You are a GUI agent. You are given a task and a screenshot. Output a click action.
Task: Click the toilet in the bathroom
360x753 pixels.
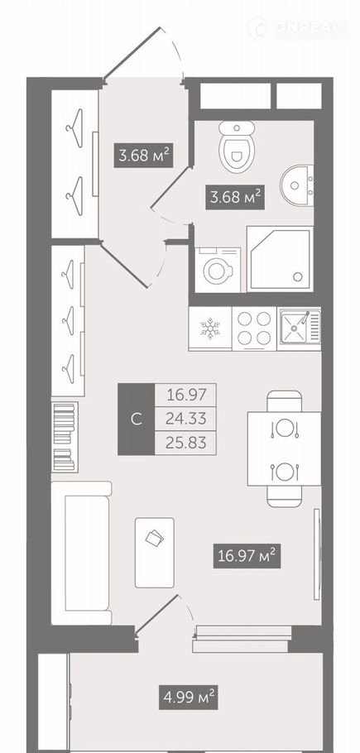[237, 146]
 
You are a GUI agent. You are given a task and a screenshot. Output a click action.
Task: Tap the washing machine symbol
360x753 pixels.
[218, 270]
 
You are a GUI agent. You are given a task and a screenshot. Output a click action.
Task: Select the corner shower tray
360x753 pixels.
[280, 259]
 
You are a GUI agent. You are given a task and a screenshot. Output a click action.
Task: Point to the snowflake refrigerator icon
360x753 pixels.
[210, 329]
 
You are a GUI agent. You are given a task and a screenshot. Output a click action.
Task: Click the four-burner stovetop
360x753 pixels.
[254, 329]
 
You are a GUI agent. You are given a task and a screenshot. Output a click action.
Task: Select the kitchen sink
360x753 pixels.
[300, 329]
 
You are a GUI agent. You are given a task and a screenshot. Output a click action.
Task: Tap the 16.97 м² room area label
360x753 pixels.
[247, 557]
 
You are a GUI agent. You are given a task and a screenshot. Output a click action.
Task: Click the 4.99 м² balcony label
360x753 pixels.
[188, 698]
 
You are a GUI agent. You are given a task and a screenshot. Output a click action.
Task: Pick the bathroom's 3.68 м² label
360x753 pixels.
[235, 197]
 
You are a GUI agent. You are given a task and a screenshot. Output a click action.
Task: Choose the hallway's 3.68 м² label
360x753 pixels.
[143, 155]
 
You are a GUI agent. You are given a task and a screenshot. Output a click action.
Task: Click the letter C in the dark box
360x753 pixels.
[137, 420]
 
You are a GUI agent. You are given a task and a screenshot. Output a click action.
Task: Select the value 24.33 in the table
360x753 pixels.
[185, 420]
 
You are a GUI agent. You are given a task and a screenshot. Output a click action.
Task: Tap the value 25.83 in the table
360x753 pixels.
[185, 443]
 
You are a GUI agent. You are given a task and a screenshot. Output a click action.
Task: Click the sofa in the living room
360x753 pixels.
[82, 553]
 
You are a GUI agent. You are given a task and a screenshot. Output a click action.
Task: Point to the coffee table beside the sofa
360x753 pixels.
[155, 552]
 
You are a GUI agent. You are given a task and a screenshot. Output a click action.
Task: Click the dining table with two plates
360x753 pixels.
[284, 448]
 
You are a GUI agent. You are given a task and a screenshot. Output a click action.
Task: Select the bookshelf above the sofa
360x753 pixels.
[65, 437]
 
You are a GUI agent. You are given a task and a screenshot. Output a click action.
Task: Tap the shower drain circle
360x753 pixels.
[298, 276]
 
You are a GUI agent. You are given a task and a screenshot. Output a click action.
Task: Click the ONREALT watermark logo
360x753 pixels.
[298, 27]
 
